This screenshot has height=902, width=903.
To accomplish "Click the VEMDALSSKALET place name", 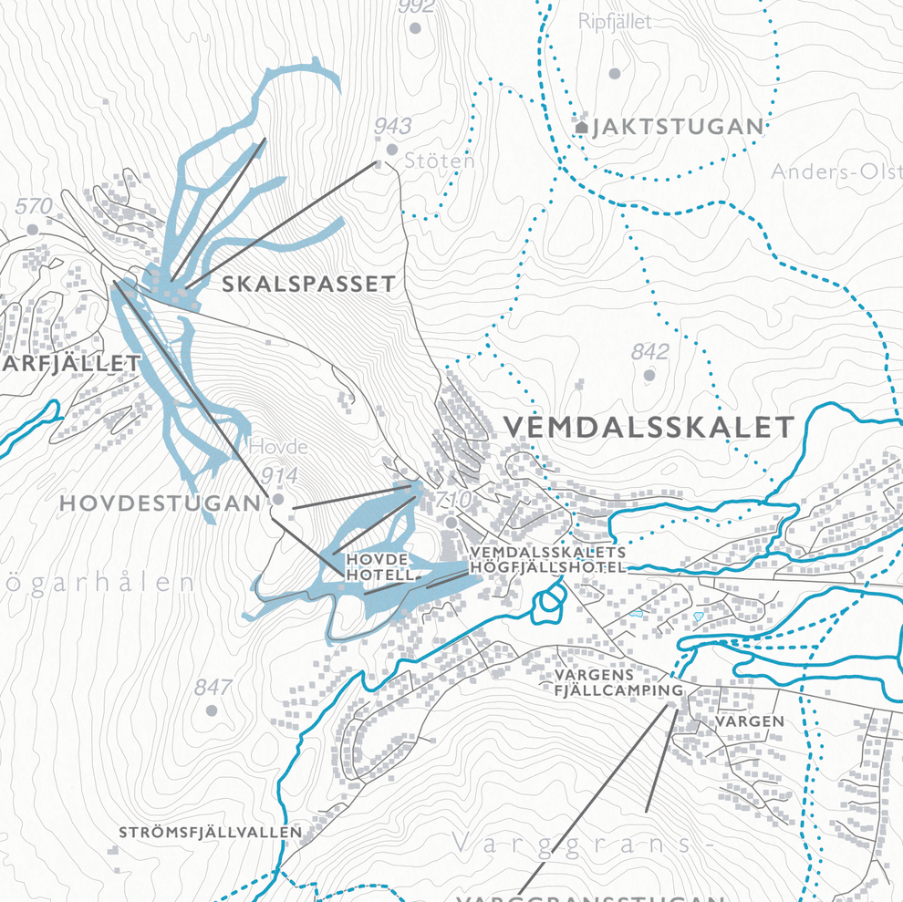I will [x=649, y=427].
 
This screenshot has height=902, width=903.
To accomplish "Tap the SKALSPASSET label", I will [x=309, y=285].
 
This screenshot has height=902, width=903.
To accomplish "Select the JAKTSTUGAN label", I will [x=677, y=127].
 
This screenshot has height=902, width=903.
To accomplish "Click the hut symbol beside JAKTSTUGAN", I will [x=581, y=127].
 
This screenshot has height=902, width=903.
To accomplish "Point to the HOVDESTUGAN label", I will [x=161, y=503].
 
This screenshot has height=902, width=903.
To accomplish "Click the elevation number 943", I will [x=392, y=127].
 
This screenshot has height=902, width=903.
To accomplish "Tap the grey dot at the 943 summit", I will [x=392, y=150].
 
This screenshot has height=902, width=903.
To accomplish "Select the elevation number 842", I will [x=649, y=352].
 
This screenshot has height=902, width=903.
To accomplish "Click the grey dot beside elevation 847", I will [x=212, y=710].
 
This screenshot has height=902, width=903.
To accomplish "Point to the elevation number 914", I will [x=279, y=476].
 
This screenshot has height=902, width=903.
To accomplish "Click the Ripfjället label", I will [x=616, y=22].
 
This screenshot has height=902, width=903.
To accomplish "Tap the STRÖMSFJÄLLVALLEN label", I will [x=211, y=833].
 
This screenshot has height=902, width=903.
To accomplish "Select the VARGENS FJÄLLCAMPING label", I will [x=618, y=683].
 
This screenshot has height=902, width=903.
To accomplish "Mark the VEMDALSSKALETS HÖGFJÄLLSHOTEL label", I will [x=547, y=560].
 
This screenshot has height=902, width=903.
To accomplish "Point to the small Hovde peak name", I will [x=278, y=448].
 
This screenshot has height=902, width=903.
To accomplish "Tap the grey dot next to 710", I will [x=451, y=522].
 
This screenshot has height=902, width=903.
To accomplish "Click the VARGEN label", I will [x=749, y=721].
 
